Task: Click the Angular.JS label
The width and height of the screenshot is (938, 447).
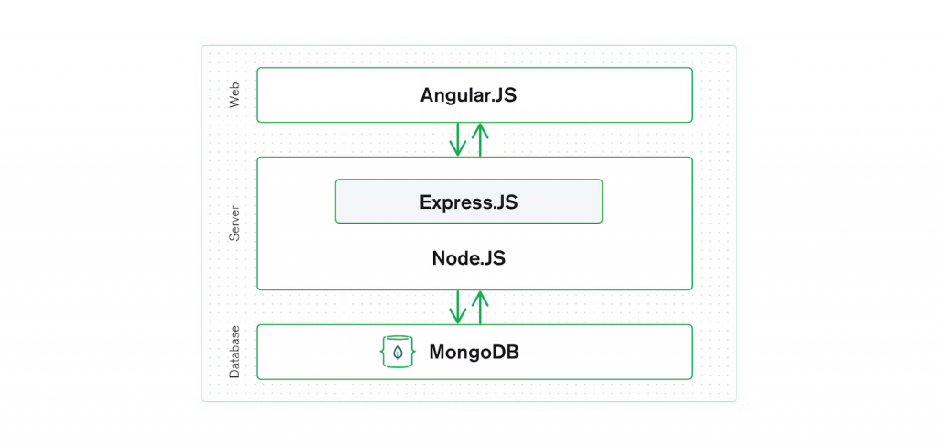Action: coord(468,95)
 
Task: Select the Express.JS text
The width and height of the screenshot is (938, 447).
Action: coord(468,202)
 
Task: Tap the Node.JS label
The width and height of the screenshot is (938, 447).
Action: coord(468,258)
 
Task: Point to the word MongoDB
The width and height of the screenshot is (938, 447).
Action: coord(474,352)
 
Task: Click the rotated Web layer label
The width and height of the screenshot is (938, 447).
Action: coord(234,94)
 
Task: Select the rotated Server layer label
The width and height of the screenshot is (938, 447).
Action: coord(234,223)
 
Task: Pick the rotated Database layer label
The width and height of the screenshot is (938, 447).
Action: coord(234,352)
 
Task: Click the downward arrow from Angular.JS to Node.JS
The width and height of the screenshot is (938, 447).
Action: coord(457,139)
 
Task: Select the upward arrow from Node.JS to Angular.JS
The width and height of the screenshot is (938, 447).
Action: coord(479,139)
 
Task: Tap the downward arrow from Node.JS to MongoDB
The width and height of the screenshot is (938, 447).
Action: coord(457,307)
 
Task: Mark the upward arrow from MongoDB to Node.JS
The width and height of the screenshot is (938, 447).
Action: coord(479,307)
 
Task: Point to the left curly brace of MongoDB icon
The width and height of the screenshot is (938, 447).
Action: coord(385,352)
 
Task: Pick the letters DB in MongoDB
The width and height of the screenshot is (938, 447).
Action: coord(506,352)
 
